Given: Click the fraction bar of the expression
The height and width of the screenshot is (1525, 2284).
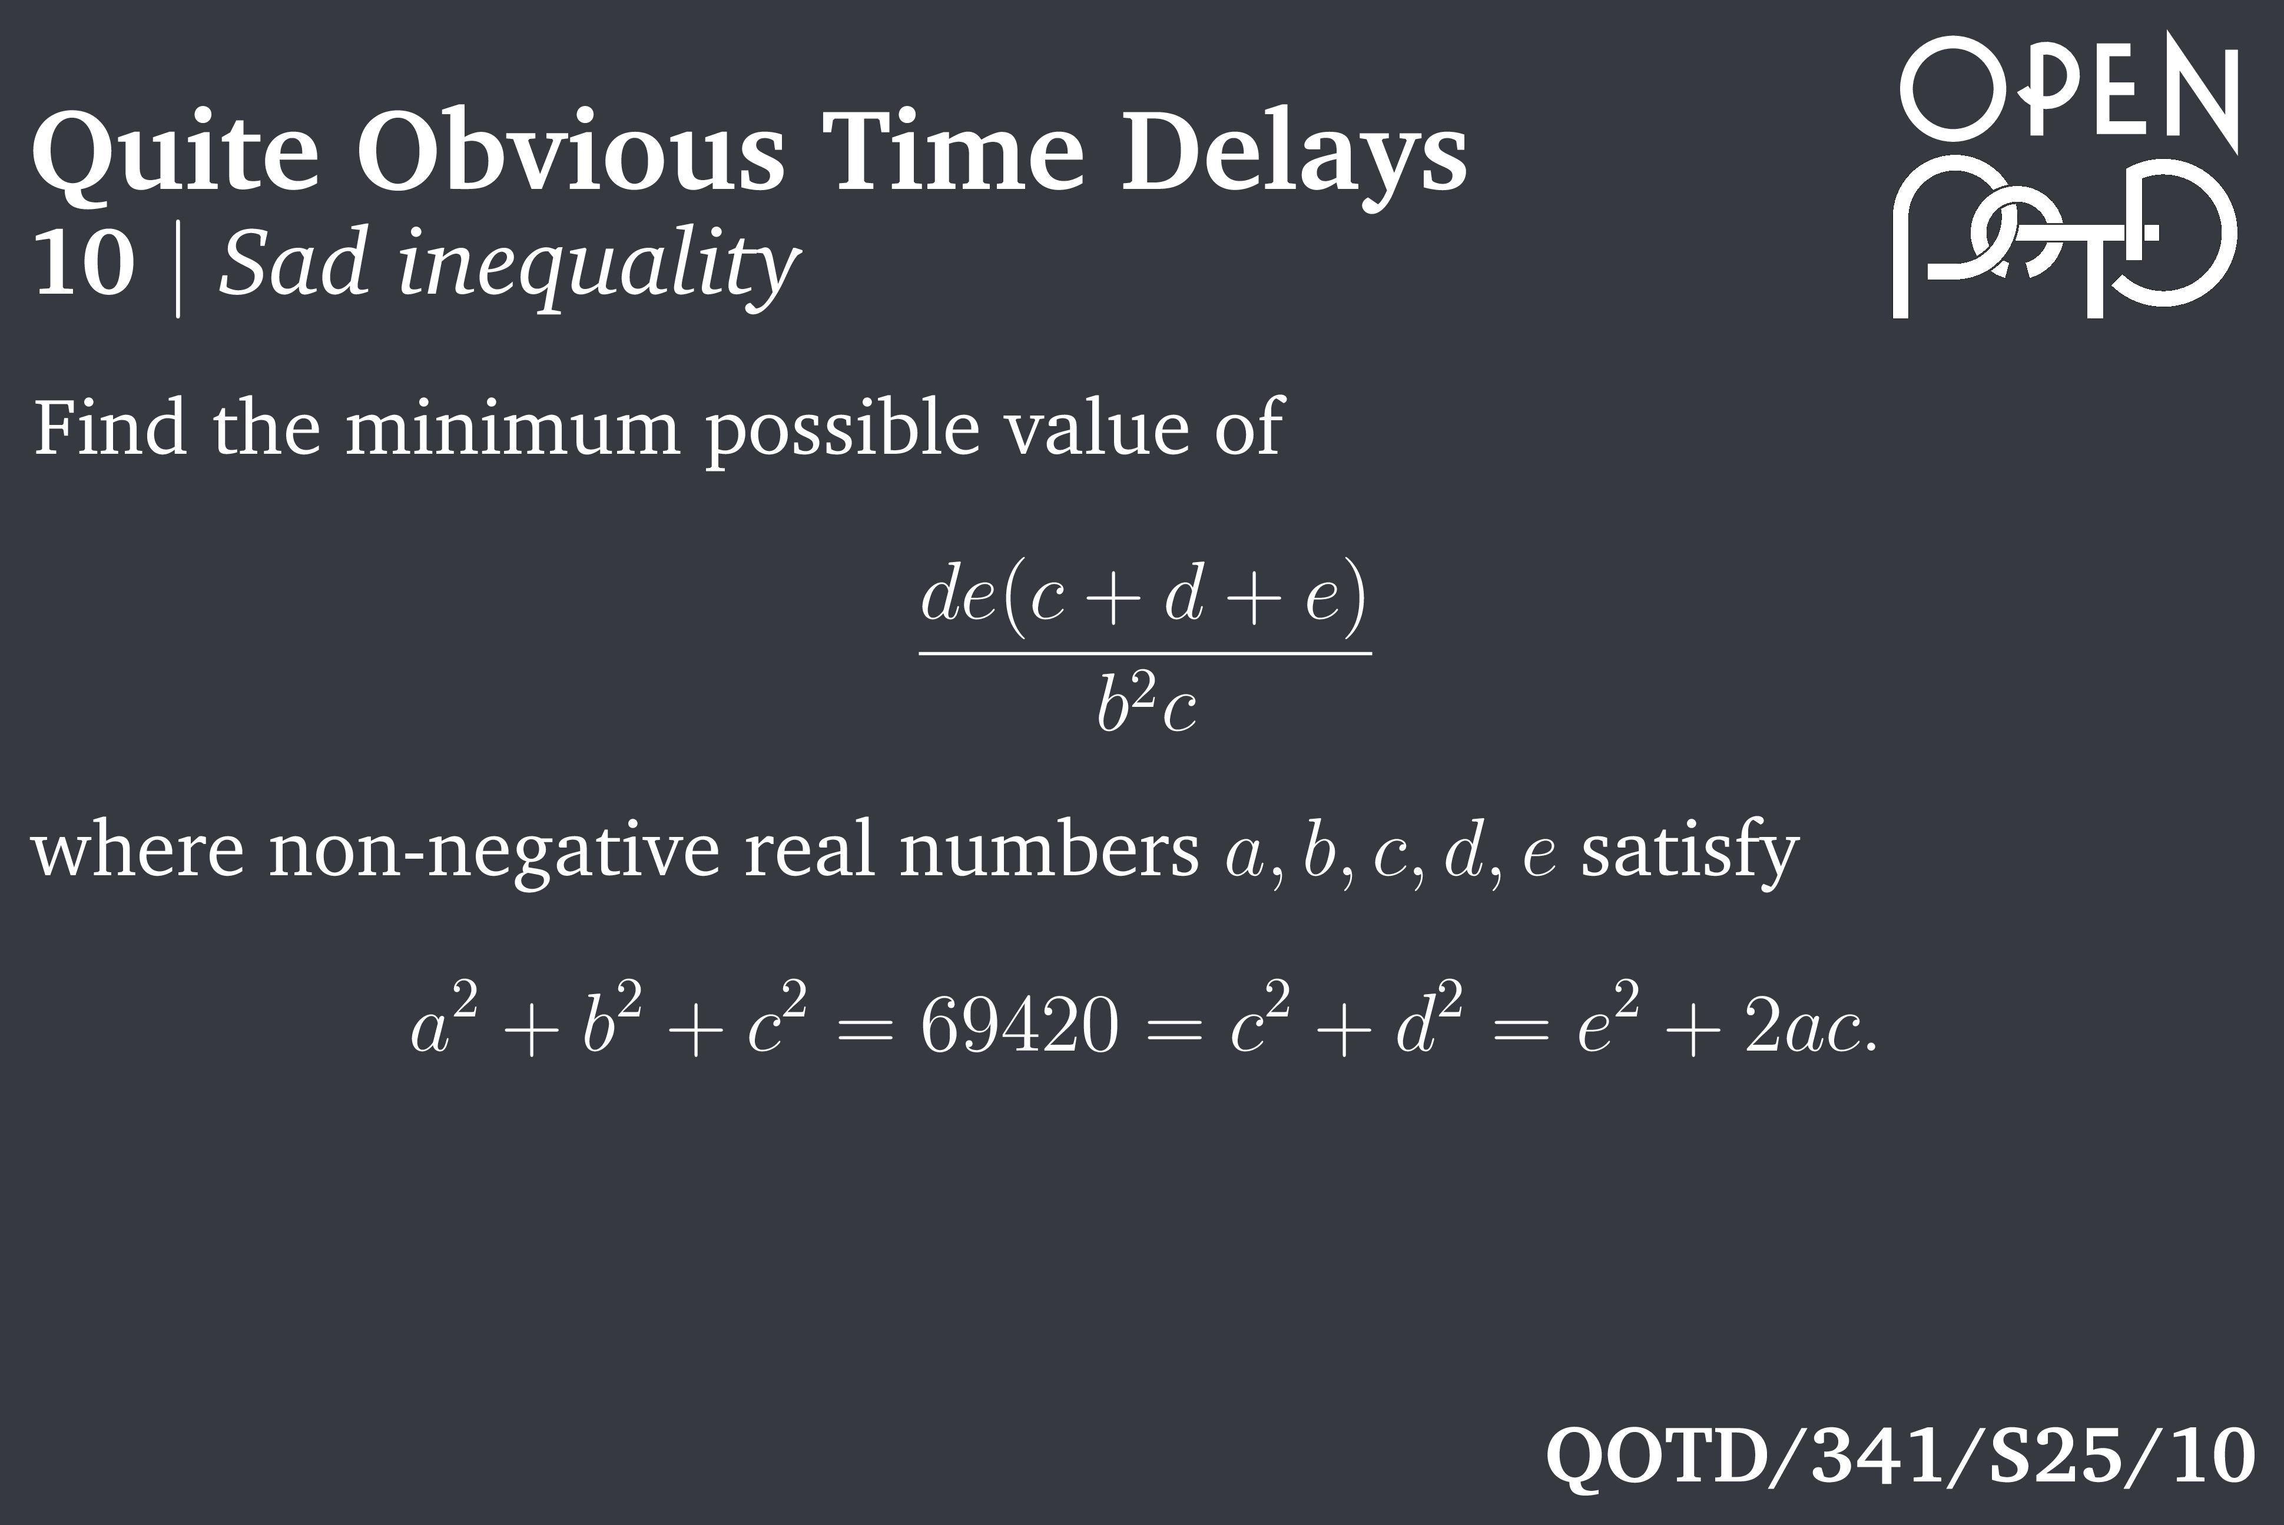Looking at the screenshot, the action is [1145, 653].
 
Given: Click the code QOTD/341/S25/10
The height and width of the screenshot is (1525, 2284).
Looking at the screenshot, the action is [1900, 1456].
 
